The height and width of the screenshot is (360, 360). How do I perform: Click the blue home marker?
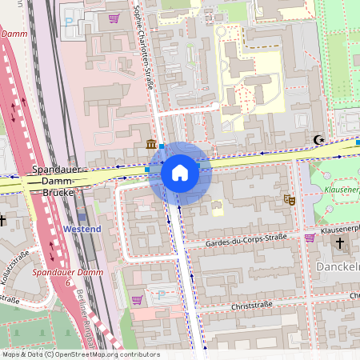pos(180,173)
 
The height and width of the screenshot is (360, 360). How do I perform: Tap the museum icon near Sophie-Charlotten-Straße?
pos(151,145)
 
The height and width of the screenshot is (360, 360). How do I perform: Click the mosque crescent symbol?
pos(320,140)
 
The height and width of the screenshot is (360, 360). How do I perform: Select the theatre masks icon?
pos(290,199)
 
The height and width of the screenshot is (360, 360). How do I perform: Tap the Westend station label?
pos(82,230)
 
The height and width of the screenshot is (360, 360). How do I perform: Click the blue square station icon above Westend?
pos(82,216)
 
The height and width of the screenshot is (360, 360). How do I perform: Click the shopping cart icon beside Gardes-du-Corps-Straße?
pos(310,237)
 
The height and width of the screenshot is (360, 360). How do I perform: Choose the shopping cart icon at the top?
pos(114,18)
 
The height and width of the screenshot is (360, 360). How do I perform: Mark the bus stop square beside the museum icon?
pos(162,146)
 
